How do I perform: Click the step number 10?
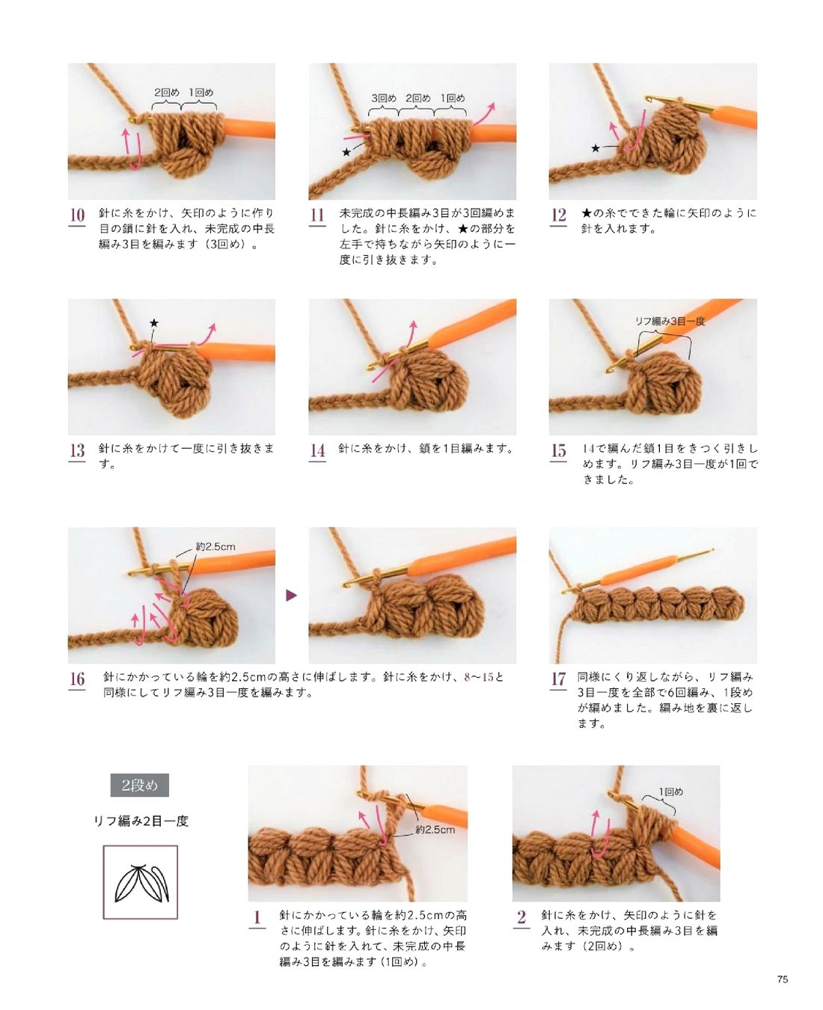(x=77, y=215)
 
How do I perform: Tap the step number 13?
(x=77, y=450)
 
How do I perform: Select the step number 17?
(x=558, y=679)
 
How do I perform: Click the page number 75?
(x=783, y=979)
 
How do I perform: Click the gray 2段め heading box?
(x=140, y=786)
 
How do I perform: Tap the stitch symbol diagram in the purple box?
(x=141, y=883)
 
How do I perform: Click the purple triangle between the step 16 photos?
(x=291, y=595)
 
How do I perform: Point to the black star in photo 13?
(x=154, y=323)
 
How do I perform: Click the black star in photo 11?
(x=346, y=152)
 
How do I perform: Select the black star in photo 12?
(x=596, y=148)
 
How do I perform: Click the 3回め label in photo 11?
(x=384, y=98)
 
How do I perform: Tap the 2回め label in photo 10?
(x=167, y=92)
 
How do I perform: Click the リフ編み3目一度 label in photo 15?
(x=670, y=321)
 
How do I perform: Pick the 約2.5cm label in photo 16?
(x=215, y=547)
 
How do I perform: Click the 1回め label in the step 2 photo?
(x=671, y=792)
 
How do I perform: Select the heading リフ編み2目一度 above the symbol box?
(x=141, y=821)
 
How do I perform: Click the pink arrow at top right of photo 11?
(x=483, y=114)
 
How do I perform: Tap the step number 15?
(x=558, y=450)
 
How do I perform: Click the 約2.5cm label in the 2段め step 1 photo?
(x=435, y=830)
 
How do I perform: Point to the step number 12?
(x=558, y=215)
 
